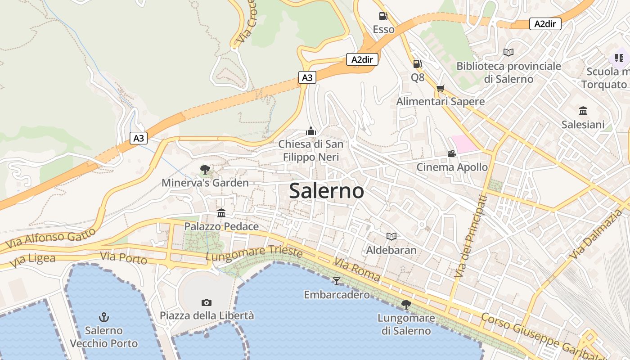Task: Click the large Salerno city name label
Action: point(326,191)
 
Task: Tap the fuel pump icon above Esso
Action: point(383,16)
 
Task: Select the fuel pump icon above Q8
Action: point(417,64)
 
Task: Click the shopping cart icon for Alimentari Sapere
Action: point(440,88)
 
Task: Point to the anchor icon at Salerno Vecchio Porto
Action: point(104,317)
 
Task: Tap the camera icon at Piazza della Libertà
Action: point(207,302)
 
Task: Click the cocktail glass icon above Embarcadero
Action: point(337,281)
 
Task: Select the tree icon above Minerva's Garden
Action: point(205,170)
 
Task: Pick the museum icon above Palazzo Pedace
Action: point(221,213)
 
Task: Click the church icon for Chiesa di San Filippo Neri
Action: point(310,131)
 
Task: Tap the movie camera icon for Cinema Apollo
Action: point(452,154)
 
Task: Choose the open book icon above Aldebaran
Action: point(391,236)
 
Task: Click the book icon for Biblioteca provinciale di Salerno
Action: point(508,53)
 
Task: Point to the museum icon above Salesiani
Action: point(583,111)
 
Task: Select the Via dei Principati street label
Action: point(471,236)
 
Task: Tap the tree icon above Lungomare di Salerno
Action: point(406,305)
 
